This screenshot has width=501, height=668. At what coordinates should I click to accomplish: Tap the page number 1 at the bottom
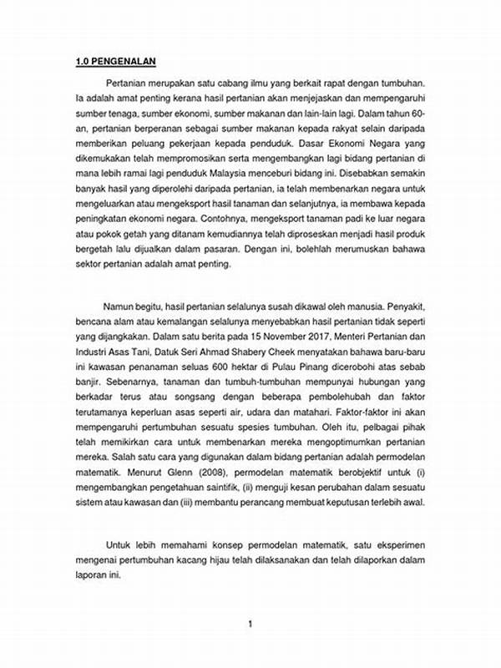pyautogui.click(x=250, y=623)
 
